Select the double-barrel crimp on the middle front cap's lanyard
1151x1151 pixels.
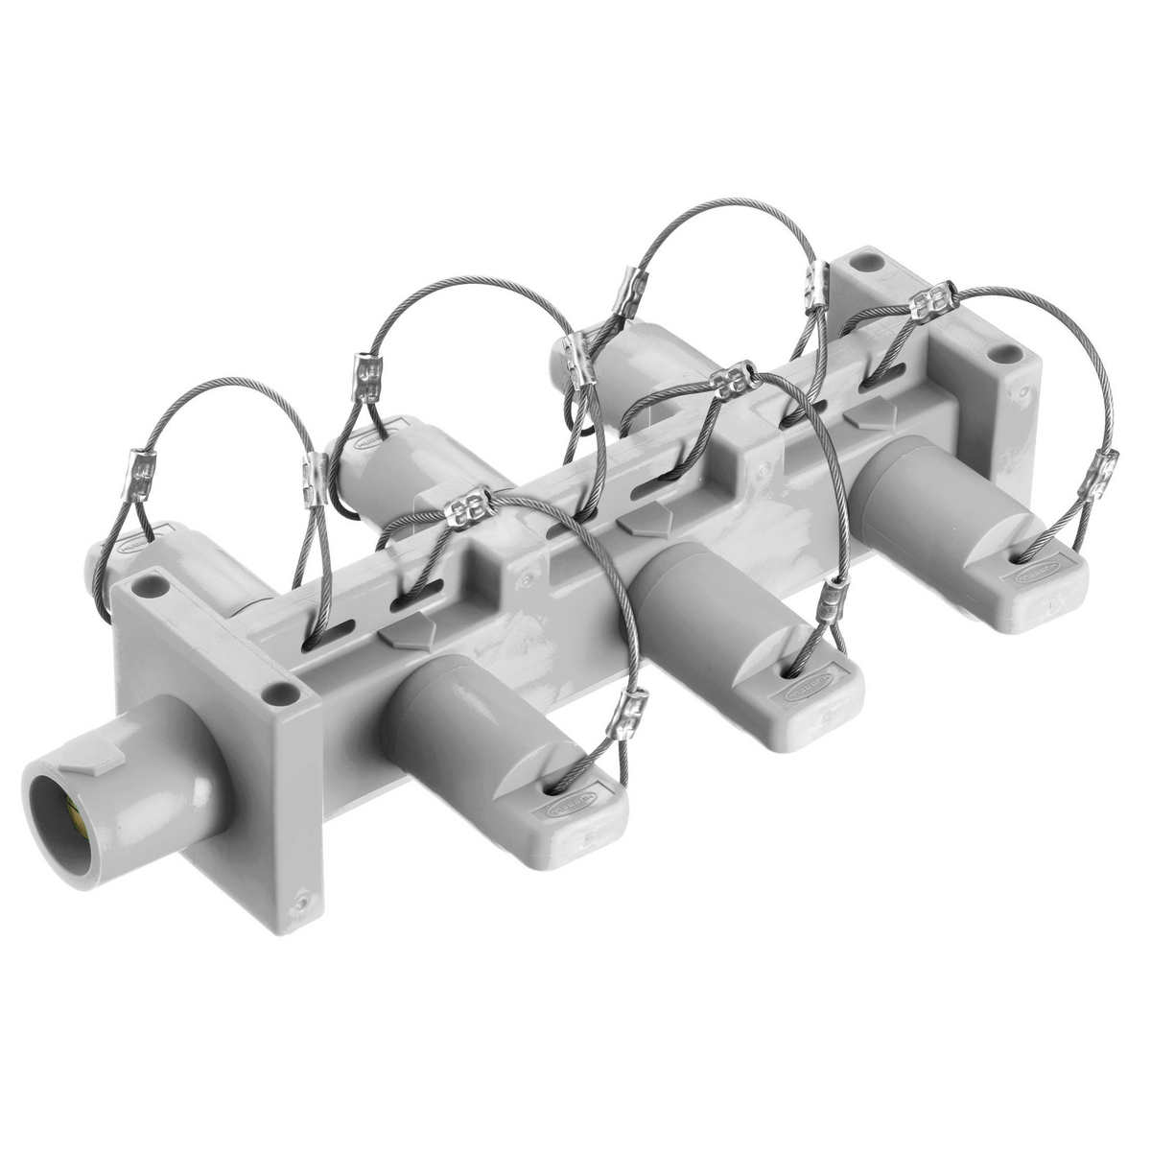(731, 378)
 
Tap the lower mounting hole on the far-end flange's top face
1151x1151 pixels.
(1004, 352)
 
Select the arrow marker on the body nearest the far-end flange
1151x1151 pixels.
(872, 414)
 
